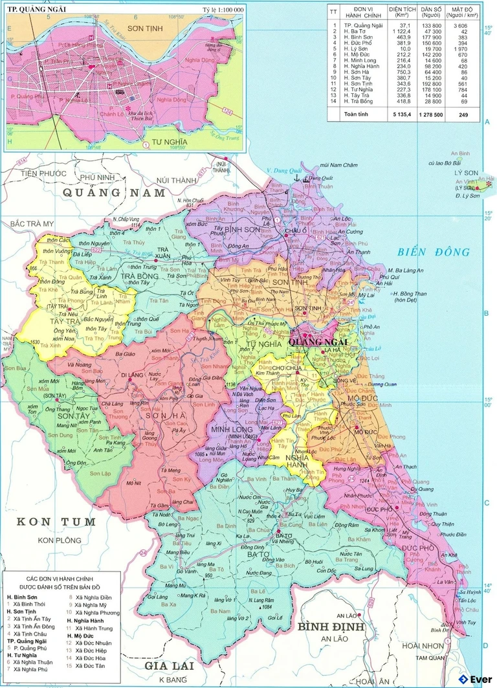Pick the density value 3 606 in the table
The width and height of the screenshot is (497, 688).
click(x=461, y=25)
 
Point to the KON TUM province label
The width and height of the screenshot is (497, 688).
click(x=56, y=522)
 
